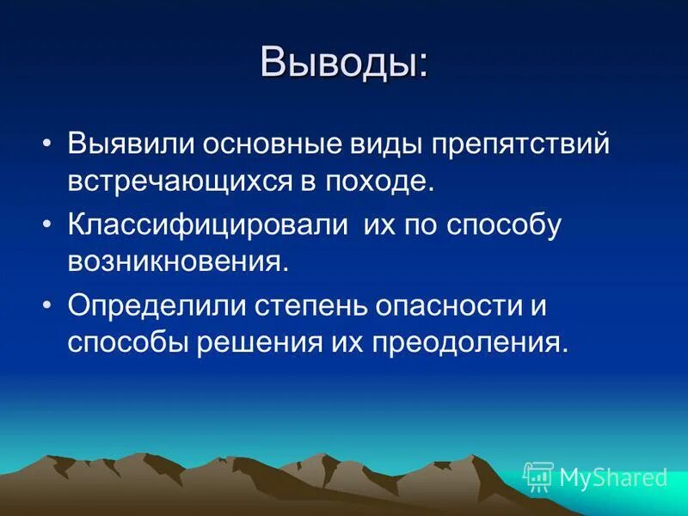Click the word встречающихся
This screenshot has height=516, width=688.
(172, 182)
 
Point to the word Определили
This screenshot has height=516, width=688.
(154, 304)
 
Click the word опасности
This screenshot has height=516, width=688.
(452, 304)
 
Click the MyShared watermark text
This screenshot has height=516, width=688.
(613, 476)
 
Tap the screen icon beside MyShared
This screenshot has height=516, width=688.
(538, 476)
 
